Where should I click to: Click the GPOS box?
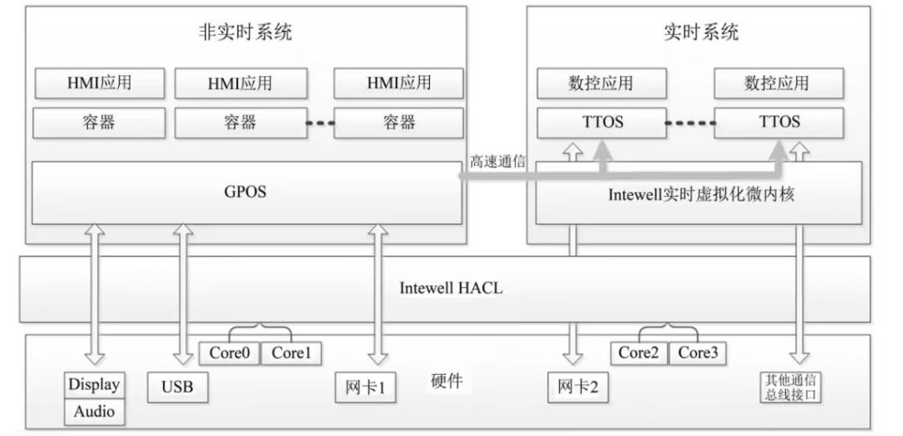point(246,192)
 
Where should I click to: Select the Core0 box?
point(230,352)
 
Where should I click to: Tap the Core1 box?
point(290,352)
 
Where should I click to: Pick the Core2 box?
point(640,352)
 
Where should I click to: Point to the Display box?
point(94,385)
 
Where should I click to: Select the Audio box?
point(94,412)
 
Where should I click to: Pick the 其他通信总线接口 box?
point(790,387)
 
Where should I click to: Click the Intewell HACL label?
point(451,289)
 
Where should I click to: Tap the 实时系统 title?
point(700,33)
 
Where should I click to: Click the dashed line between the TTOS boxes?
point(691,123)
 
